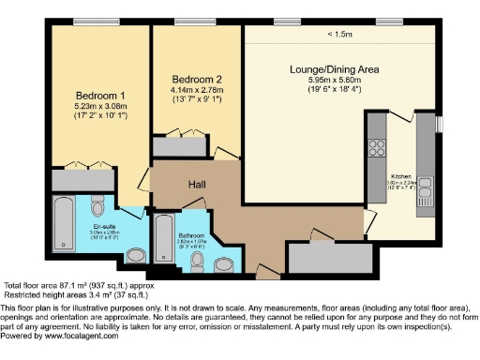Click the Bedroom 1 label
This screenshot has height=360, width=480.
point(99,97)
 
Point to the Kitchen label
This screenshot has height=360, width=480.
point(401,177)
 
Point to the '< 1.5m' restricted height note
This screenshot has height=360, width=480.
point(339,35)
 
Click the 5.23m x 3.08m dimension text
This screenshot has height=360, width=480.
point(99,107)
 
